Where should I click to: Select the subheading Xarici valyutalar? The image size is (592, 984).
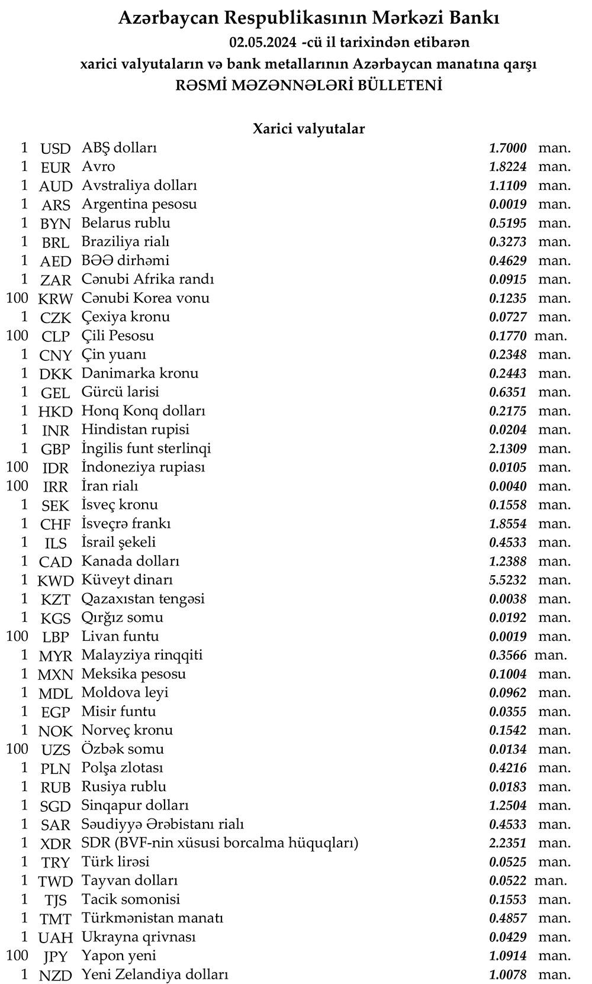[308, 128]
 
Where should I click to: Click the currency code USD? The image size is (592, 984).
[55, 149]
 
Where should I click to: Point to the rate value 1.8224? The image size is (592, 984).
[507, 167]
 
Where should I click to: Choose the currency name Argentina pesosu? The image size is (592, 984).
[139, 204]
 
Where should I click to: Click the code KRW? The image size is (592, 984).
[55, 298]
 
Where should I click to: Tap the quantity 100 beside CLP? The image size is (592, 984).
[17, 335]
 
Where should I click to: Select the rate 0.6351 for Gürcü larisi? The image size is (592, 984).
[507, 392]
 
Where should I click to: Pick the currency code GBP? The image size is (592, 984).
[55, 449]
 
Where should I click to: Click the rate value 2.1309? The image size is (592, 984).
[507, 449]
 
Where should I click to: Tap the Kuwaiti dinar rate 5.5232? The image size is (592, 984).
[507, 580]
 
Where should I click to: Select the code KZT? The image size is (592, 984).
[55, 599]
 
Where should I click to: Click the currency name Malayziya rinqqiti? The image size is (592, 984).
[142, 655]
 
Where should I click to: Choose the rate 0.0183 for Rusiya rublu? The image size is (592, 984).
[507, 786]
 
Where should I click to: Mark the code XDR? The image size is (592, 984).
[55, 843]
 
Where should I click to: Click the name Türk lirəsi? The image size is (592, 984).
[115, 862]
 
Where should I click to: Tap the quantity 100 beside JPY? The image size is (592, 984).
[17, 955]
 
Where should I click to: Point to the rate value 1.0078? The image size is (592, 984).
[507, 974]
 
